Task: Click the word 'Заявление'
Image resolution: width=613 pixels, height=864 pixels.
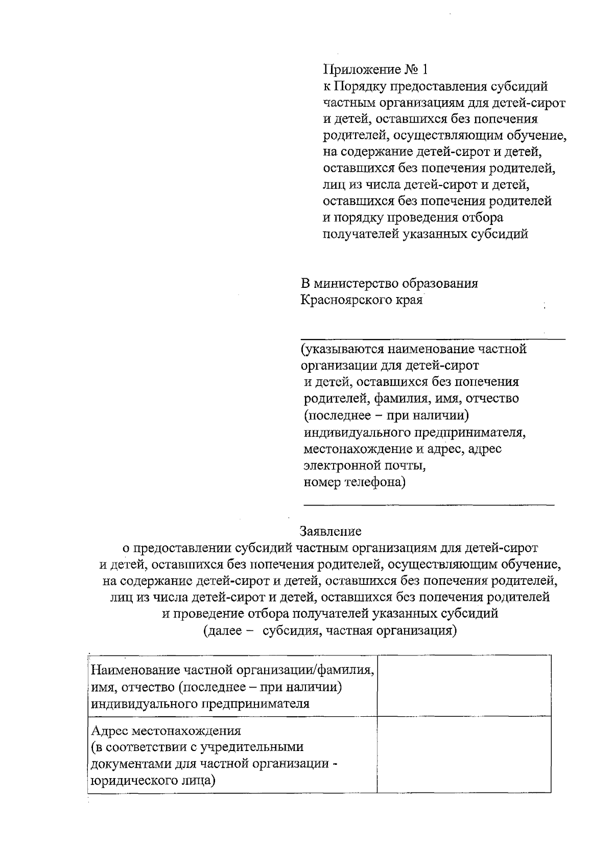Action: click(331, 531)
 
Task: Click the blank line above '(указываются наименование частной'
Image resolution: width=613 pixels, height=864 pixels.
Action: click(432, 337)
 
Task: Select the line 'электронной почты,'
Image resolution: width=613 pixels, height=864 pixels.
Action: click(364, 466)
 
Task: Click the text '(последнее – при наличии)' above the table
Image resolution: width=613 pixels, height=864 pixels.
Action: click(386, 416)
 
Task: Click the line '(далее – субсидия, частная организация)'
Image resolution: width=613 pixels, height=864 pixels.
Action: click(330, 630)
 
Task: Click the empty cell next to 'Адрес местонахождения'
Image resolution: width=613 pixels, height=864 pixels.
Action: click(464, 754)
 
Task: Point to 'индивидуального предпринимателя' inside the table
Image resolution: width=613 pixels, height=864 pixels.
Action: click(200, 703)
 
